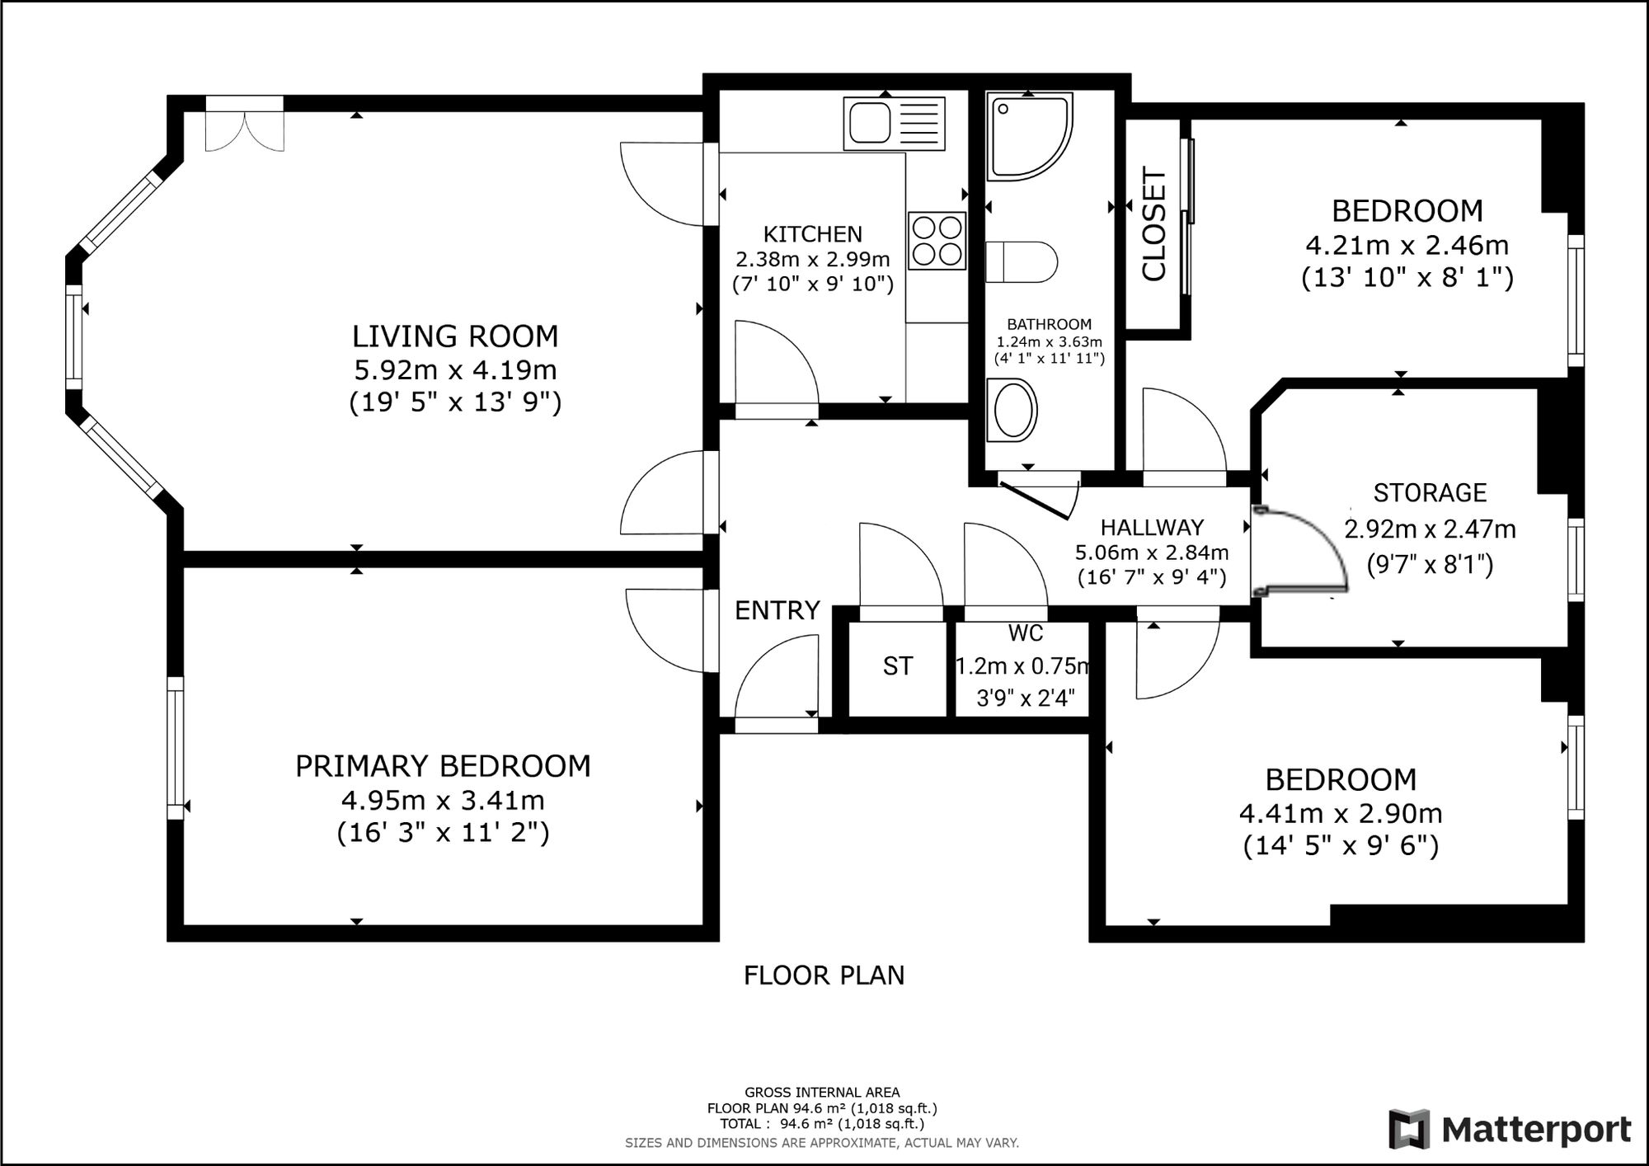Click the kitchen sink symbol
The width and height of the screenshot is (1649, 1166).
click(x=894, y=124)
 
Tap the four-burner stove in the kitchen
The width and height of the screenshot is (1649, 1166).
click(x=937, y=241)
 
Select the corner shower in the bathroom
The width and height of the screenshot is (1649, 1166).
click(x=1030, y=137)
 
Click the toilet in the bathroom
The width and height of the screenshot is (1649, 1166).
click(x=1022, y=262)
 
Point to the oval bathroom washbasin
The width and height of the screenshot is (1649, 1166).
click(x=1012, y=410)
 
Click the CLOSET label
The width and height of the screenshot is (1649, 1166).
click(x=1154, y=224)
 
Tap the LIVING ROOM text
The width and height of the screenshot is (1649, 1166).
click(x=455, y=336)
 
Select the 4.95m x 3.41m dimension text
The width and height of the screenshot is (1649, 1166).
click(x=443, y=800)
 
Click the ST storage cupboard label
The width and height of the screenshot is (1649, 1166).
click(x=897, y=666)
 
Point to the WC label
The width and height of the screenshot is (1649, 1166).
click(x=1025, y=633)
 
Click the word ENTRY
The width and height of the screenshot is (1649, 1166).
click(x=777, y=610)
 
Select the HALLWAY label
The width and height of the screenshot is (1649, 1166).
click(x=1152, y=527)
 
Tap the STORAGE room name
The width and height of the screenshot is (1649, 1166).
click(x=1430, y=493)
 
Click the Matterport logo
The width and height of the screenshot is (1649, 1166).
click(x=1510, y=1129)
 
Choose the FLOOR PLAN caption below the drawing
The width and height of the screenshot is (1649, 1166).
click(x=824, y=976)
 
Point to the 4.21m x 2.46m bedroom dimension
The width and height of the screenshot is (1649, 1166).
click(x=1407, y=245)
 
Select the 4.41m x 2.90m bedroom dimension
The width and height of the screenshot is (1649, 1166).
click(x=1341, y=814)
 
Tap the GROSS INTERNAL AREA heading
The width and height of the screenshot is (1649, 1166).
click(x=822, y=1093)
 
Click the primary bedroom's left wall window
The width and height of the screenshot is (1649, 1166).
click(x=175, y=747)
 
